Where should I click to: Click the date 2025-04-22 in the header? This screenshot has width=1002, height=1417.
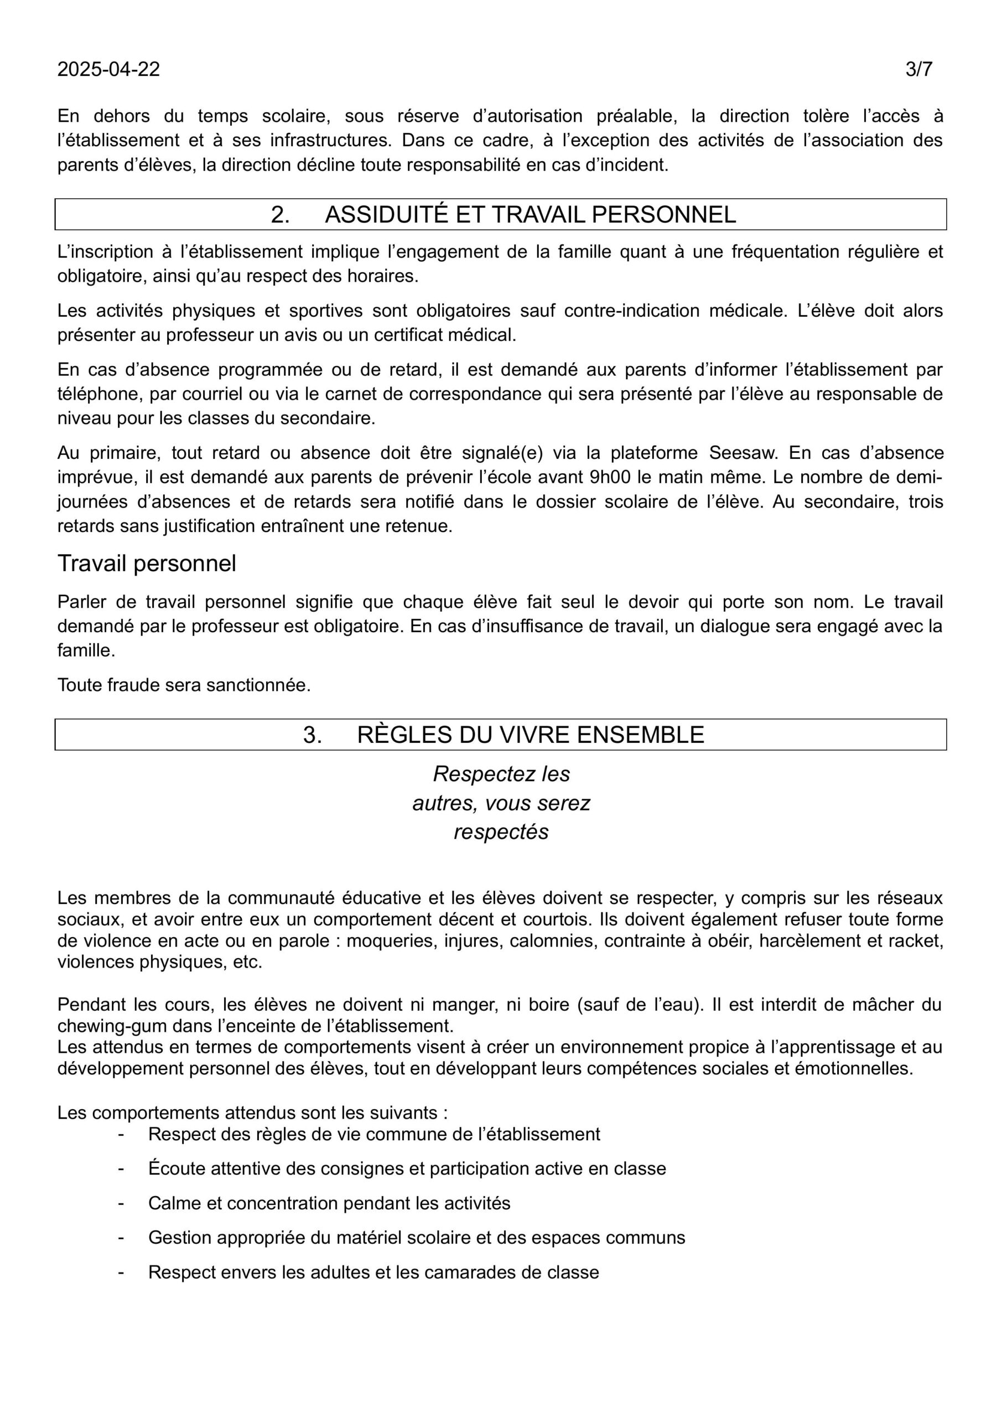108,69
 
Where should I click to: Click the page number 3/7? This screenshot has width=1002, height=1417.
918,69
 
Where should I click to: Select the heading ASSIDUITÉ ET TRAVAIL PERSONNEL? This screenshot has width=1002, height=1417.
530,214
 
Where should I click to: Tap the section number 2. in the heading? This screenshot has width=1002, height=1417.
280,214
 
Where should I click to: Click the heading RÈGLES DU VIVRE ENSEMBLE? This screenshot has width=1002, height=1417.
530,735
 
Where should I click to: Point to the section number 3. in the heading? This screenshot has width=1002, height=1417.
312,735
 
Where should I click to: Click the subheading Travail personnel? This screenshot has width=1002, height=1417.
146,563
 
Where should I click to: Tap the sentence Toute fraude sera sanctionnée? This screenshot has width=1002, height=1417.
184,685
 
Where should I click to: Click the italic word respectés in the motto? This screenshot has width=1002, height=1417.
501,832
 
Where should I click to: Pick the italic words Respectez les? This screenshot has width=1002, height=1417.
501,774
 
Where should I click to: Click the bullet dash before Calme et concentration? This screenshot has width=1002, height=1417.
121,1203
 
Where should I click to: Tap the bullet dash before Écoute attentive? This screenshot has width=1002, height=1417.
121,1169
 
